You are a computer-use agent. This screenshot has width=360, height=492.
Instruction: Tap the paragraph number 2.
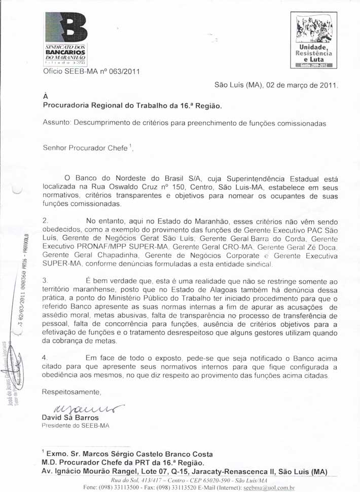45,221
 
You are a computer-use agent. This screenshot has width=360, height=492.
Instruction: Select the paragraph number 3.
45,280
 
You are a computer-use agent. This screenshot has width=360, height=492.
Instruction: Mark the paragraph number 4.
45,358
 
